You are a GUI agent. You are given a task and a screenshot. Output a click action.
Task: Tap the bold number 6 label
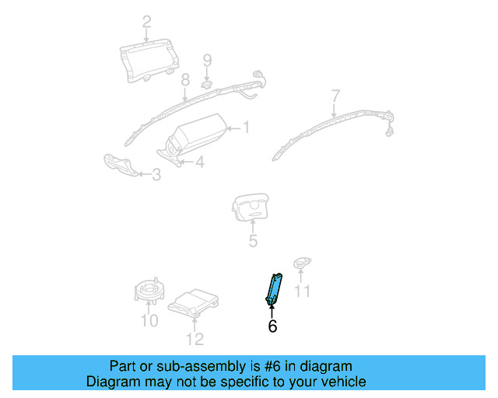tap(272, 327)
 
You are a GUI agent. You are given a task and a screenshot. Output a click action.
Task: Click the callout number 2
tap(146, 22)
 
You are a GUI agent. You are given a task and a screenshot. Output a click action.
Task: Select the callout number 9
tap(207, 60)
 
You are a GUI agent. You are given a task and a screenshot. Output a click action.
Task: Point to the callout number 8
tap(185, 80)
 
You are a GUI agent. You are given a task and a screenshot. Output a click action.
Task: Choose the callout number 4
tap(200, 162)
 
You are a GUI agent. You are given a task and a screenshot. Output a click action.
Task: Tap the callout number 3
tap(156, 176)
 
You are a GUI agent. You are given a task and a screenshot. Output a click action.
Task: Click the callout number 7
tap(335, 96)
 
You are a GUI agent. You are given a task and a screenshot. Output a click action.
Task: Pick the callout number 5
tap(253, 242)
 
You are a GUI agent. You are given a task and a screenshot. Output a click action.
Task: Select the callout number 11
tap(302, 292)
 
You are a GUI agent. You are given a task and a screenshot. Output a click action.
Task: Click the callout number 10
tap(149, 320)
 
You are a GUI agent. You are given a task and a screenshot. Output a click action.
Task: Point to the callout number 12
tap(195, 338)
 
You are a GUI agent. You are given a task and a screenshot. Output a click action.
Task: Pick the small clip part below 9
tap(208, 82)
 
